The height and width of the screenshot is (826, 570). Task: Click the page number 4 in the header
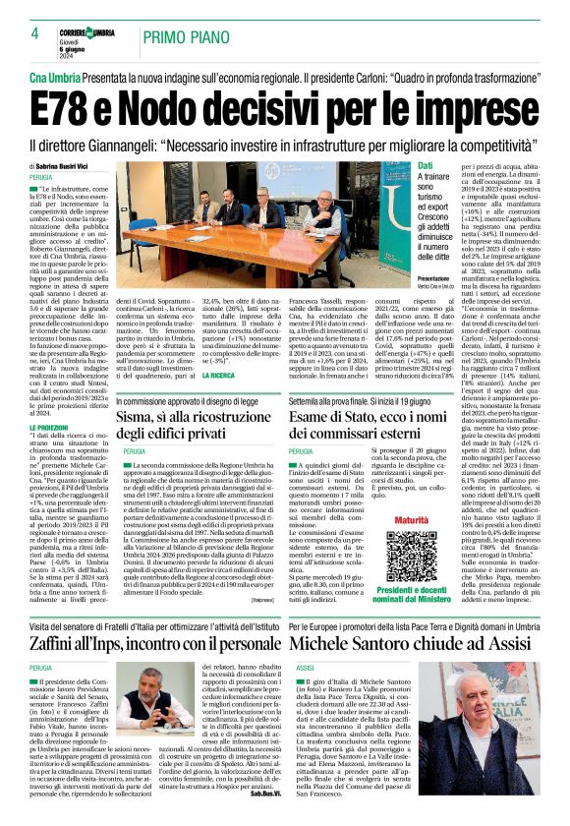point(34,32)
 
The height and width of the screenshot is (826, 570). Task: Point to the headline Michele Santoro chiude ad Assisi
point(412,642)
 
